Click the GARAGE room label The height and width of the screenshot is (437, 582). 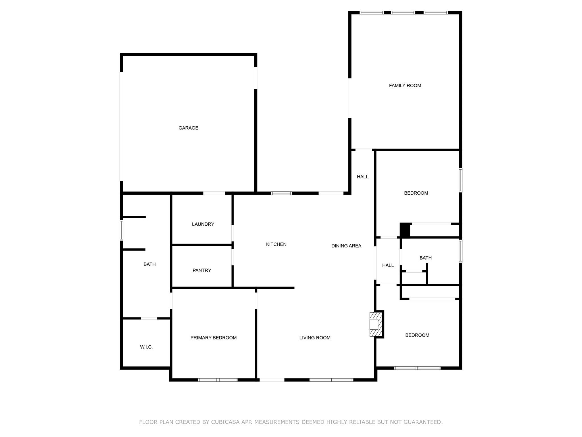click(x=188, y=128)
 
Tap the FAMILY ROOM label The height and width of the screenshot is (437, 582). click(x=405, y=86)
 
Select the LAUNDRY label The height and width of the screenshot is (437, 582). click(x=203, y=224)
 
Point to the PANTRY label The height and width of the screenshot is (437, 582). click(x=202, y=270)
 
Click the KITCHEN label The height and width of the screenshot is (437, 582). click(x=276, y=244)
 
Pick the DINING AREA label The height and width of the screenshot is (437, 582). click(x=346, y=246)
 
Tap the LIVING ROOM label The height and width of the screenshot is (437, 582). click(x=315, y=338)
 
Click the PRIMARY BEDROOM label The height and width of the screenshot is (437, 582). click(x=213, y=338)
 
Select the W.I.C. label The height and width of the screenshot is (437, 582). click(x=146, y=347)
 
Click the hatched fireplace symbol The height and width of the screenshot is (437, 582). click(x=375, y=324)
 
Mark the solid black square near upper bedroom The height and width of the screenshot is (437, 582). click(x=405, y=230)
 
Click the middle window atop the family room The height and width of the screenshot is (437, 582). click(x=403, y=13)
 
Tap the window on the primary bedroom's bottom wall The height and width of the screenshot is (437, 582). click(x=218, y=380)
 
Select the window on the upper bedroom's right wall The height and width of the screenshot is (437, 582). click(x=460, y=180)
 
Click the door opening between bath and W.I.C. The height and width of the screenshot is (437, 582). click(x=149, y=318)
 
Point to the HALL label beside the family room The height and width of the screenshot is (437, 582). click(x=362, y=177)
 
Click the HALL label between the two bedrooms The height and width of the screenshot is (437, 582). click(x=388, y=265)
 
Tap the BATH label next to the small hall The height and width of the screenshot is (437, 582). click(x=425, y=258)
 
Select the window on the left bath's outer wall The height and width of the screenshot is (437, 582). click(x=121, y=230)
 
